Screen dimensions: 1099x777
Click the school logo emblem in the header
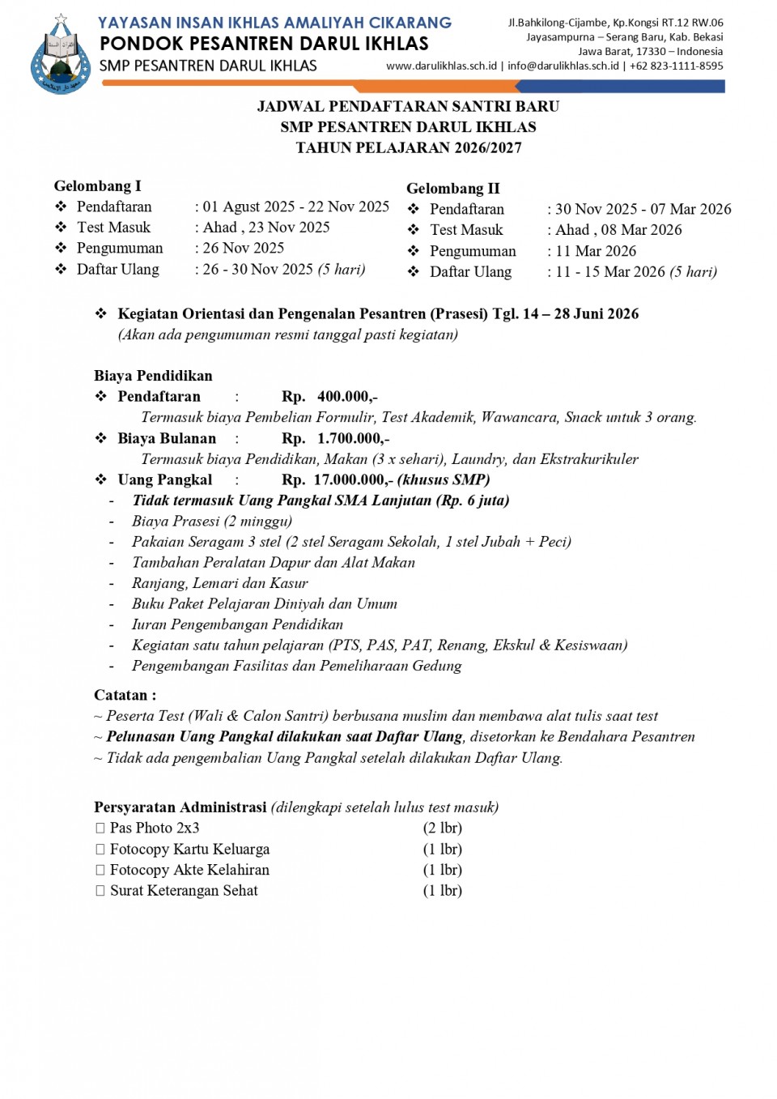(x=60, y=55)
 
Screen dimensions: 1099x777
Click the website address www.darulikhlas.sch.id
(x=441, y=66)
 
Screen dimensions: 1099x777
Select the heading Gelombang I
(x=97, y=186)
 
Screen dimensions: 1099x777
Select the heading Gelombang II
(x=453, y=189)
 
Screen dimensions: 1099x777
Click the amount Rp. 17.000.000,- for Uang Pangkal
(x=338, y=480)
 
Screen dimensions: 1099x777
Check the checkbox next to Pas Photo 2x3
(x=100, y=829)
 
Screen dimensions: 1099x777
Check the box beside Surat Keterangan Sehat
(x=100, y=891)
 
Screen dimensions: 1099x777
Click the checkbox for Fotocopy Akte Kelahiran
(x=100, y=871)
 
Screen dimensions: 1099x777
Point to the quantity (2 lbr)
(x=443, y=829)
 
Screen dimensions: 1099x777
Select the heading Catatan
(x=125, y=696)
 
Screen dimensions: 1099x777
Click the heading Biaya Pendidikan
(x=153, y=376)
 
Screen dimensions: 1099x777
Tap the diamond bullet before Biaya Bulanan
(x=101, y=438)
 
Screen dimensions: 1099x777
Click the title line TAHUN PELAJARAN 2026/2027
(x=409, y=148)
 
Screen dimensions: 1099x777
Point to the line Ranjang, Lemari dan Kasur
(x=220, y=583)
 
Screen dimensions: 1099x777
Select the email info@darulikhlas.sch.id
(x=563, y=66)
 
